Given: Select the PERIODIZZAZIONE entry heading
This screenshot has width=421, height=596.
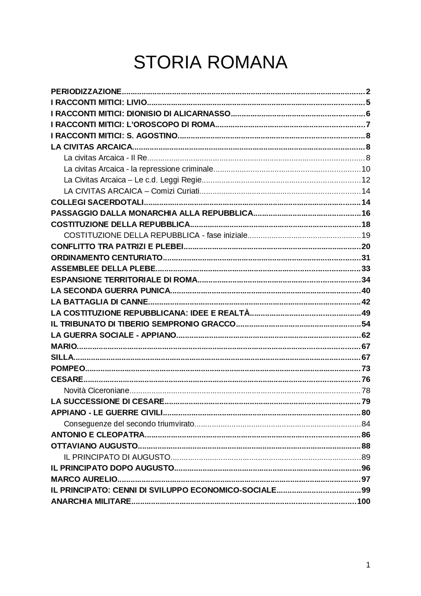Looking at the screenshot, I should click(x=86, y=91).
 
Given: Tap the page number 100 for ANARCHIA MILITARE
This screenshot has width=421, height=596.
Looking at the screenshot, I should click(x=363, y=501).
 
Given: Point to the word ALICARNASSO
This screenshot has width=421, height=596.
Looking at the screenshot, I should click(x=202, y=114).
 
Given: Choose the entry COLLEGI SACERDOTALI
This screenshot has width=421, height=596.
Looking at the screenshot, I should click(x=97, y=202).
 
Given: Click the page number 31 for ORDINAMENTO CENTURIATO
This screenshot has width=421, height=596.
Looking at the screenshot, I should click(x=366, y=257).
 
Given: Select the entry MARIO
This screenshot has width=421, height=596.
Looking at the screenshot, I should click(x=64, y=346).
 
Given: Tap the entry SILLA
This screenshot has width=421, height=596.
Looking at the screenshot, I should click(x=62, y=357).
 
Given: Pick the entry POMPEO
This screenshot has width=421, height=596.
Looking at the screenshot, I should click(x=68, y=368).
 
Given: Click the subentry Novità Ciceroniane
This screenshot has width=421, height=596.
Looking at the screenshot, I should click(x=97, y=391).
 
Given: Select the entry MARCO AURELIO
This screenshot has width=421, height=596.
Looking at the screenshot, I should click(x=84, y=479).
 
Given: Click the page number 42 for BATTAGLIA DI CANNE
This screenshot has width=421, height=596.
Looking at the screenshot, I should click(x=366, y=302).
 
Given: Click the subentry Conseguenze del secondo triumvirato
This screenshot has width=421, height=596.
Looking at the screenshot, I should click(x=129, y=424).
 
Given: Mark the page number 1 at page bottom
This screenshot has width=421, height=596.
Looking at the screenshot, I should click(x=368, y=565).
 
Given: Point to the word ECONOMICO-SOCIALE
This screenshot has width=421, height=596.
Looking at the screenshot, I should click(x=233, y=490).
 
